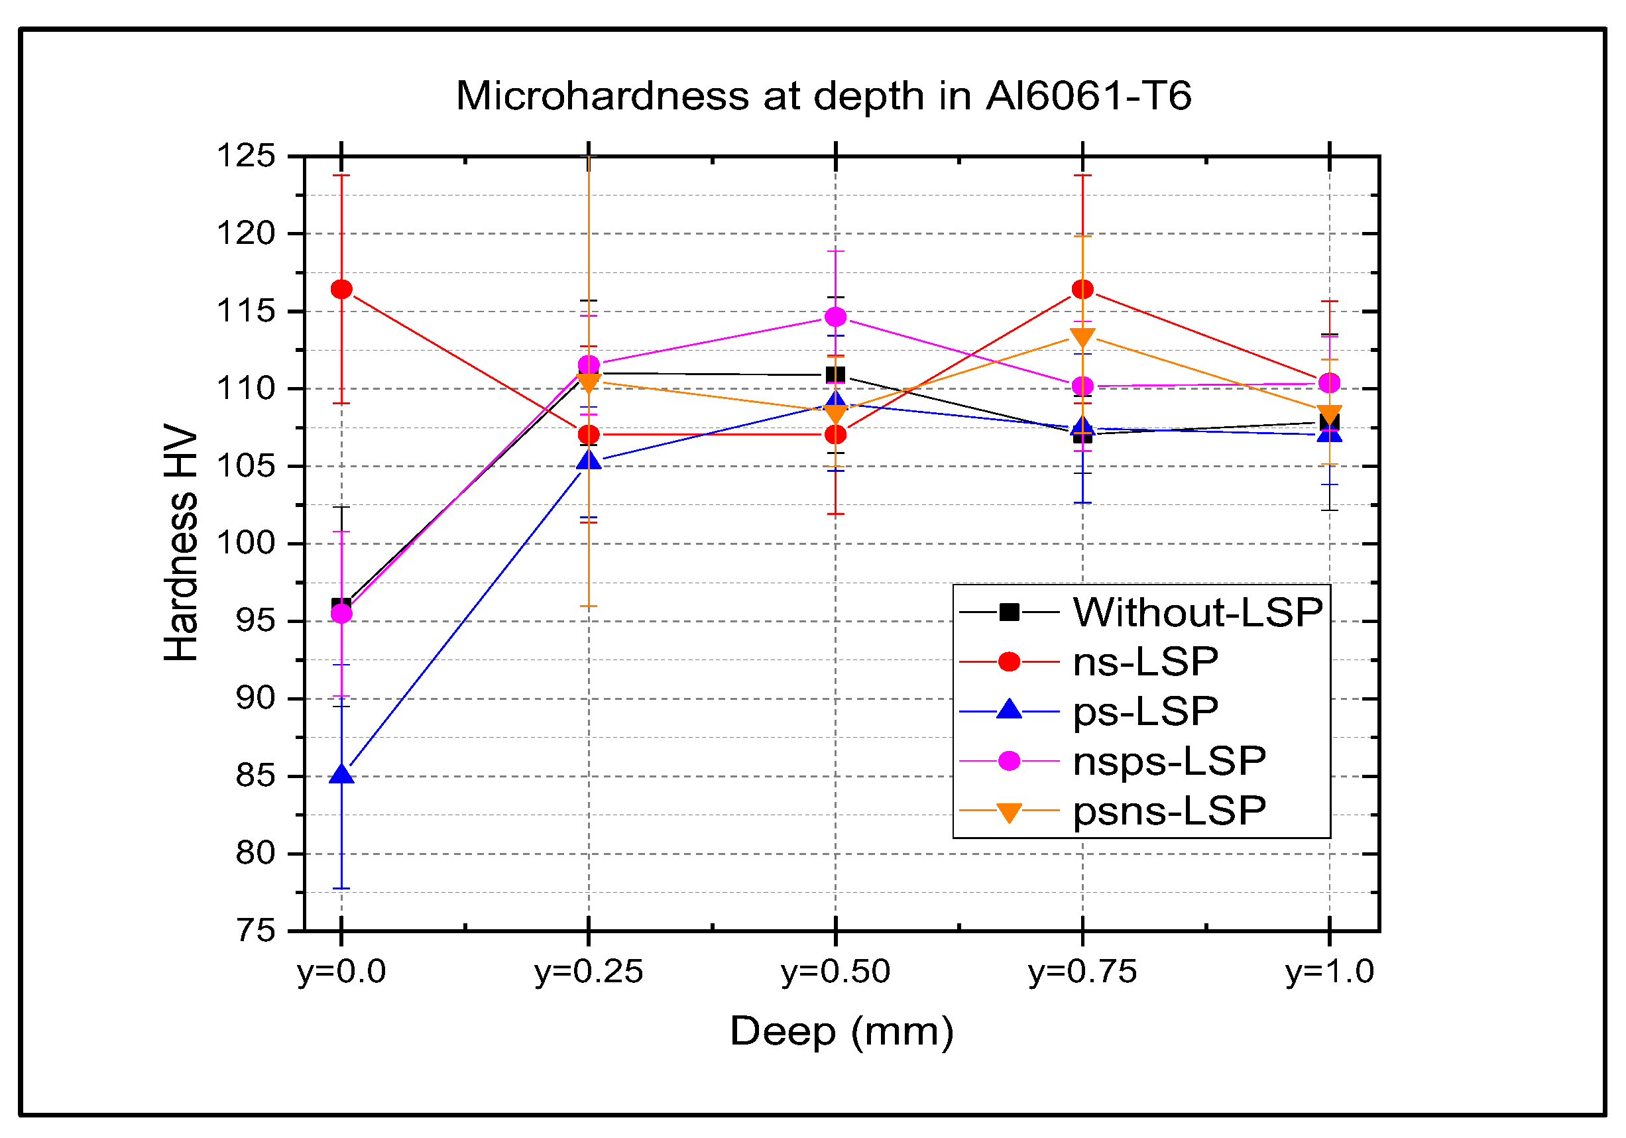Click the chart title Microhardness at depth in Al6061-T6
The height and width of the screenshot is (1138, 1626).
coord(823,95)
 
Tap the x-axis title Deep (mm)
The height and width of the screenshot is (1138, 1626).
coord(841,1031)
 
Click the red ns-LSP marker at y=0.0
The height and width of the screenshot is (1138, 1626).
coord(341,289)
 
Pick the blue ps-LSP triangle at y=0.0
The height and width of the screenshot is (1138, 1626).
coord(341,775)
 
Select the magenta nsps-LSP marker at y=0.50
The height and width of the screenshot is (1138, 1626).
coord(836,317)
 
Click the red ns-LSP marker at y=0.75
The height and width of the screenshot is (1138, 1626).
coord(1082,289)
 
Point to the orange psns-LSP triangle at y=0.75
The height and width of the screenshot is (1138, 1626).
coord(1082,337)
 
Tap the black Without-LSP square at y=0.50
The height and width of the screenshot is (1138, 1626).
coord(836,374)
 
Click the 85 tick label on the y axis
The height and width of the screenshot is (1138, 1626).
coord(255,776)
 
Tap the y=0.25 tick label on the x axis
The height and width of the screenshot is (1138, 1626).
coord(589,971)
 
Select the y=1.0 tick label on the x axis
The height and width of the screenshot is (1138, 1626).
coord(1329,971)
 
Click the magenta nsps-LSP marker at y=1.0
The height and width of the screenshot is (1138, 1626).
coord(1329,383)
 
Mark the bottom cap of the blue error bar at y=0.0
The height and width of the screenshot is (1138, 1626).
coord(341,888)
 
